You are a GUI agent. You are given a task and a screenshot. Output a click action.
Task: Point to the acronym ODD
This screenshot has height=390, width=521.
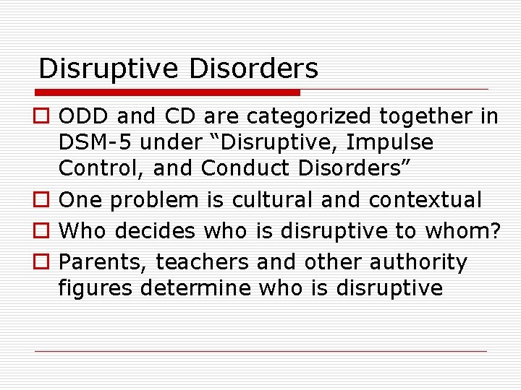(x=82, y=116)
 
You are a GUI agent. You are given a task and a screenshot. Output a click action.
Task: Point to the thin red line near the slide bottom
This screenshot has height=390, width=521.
(x=260, y=351)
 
